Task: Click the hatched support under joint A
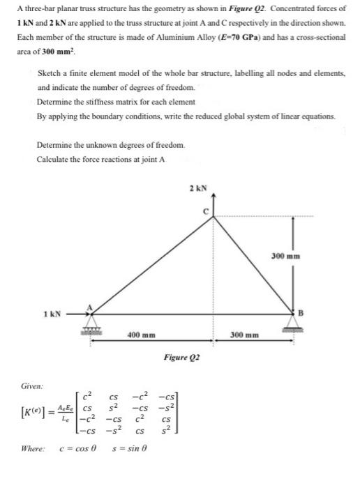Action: (91, 326)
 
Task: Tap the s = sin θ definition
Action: (129, 466)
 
